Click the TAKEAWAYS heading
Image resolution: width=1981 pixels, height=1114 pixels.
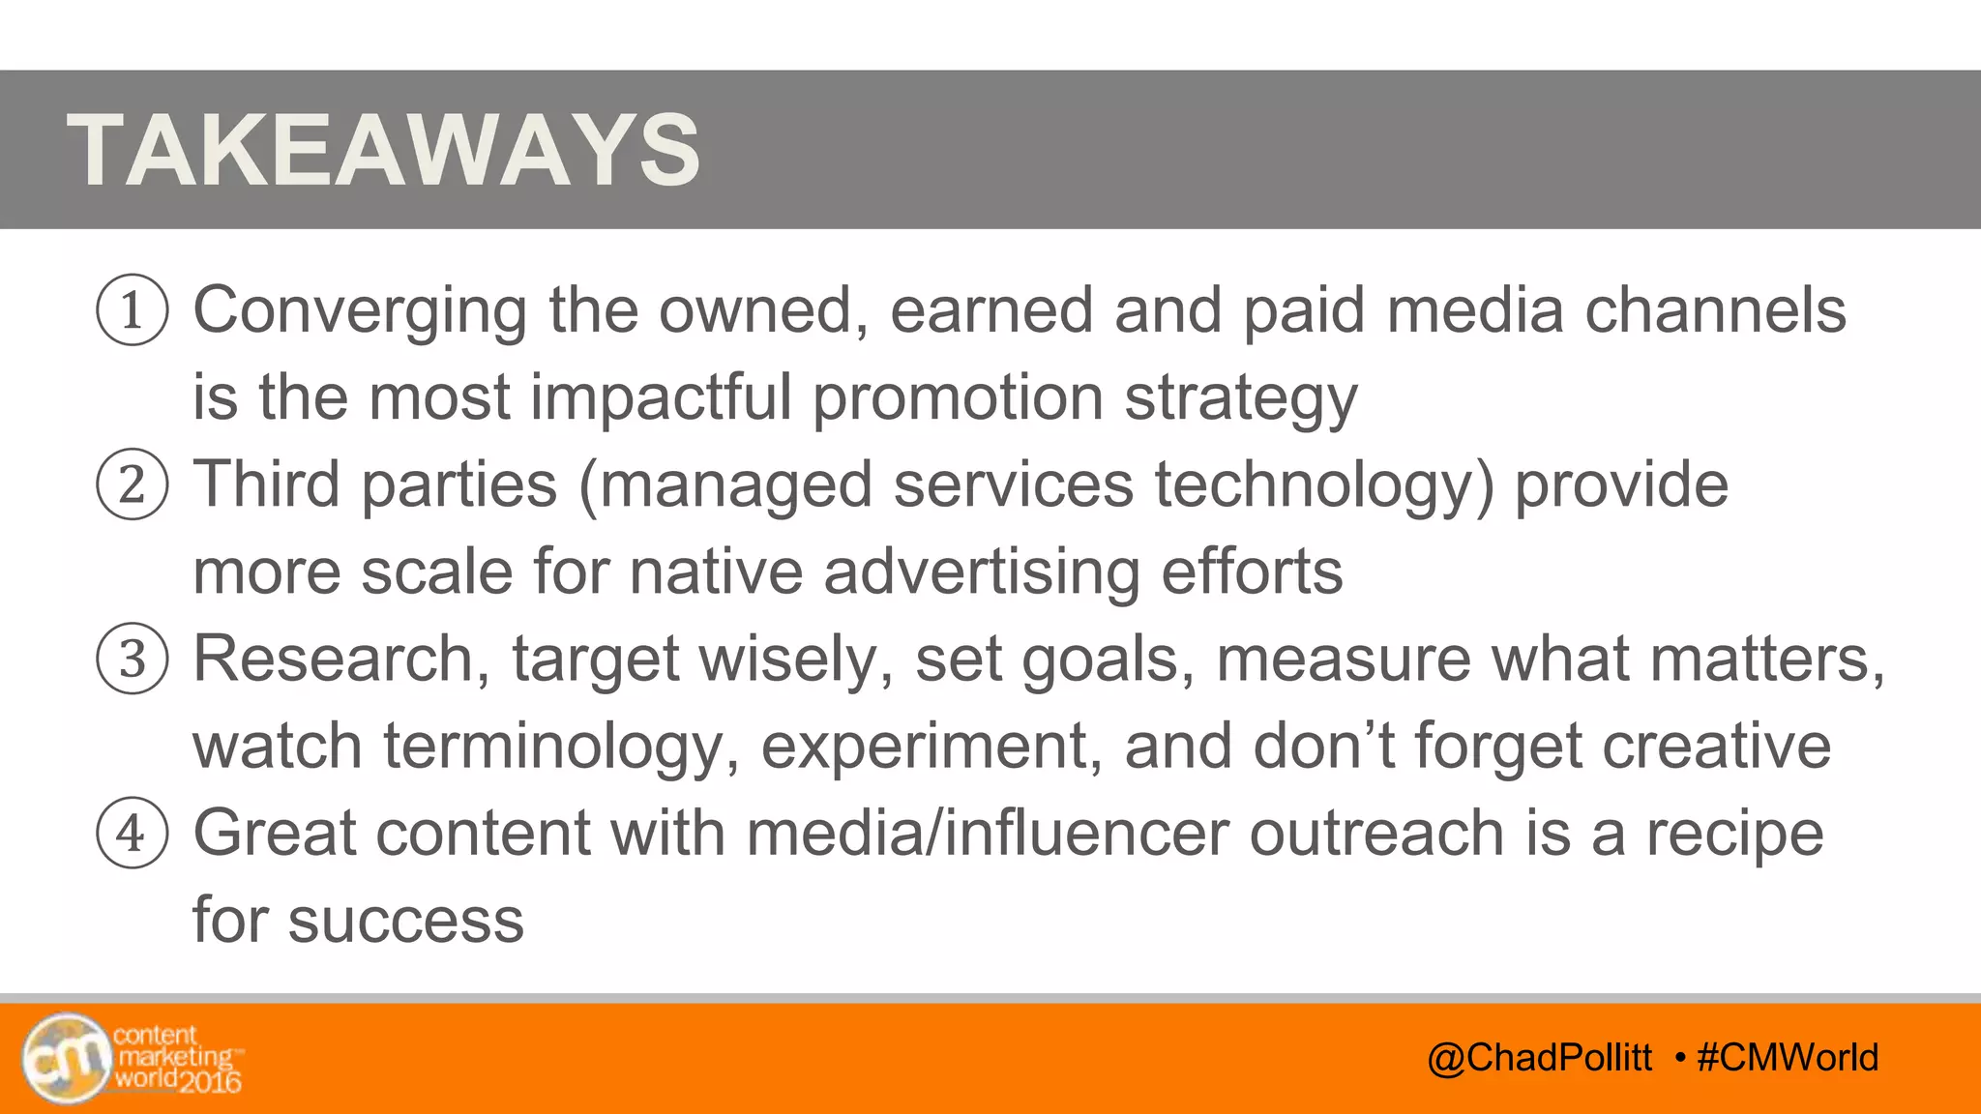click(383, 150)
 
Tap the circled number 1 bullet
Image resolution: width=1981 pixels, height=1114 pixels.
click(133, 310)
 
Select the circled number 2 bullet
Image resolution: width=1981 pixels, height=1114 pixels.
click(133, 484)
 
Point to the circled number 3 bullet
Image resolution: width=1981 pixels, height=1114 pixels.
click(133, 659)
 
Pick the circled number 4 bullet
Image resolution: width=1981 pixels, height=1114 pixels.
click(133, 833)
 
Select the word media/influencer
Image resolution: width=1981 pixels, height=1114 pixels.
click(987, 833)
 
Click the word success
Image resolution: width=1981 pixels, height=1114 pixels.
click(406, 921)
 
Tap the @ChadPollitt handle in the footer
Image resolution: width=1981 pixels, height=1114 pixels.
click(1539, 1057)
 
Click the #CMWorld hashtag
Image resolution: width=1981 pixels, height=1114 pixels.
click(1788, 1057)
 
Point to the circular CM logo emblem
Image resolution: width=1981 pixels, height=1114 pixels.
click(66, 1058)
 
